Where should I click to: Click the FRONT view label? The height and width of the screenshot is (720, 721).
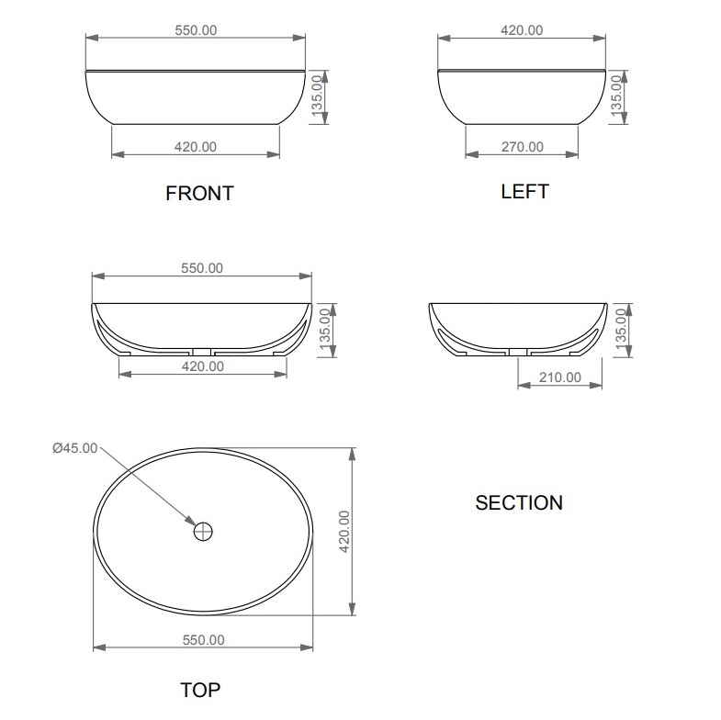coord(199,193)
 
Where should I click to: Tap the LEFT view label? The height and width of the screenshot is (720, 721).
coord(524,191)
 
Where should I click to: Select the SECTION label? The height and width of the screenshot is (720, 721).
coord(519,502)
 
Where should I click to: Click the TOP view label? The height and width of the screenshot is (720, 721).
coord(200,690)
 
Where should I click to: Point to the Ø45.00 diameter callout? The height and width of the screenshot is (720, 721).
coord(75,448)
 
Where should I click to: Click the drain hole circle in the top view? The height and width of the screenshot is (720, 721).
coord(203,532)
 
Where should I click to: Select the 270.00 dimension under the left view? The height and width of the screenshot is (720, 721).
coord(523,147)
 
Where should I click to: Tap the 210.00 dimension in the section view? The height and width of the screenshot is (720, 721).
coord(560,377)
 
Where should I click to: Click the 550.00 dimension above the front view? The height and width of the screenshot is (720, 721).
coord(196,30)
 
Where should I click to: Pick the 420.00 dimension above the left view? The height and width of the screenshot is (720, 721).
coord(522,30)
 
